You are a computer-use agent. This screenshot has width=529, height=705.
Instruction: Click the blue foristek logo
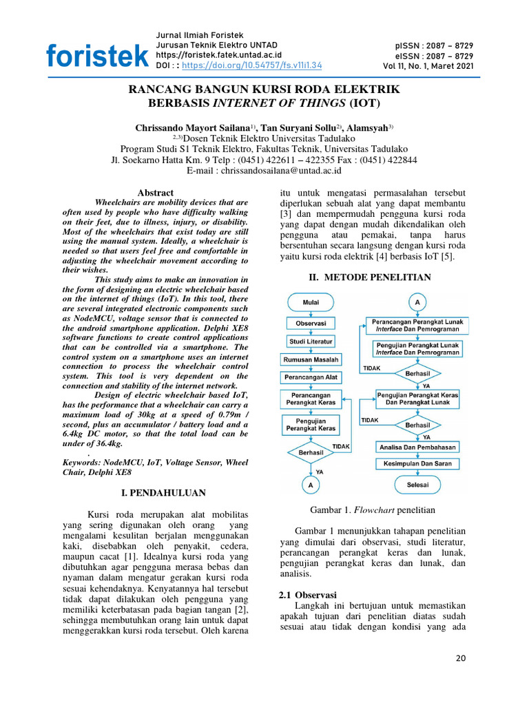(96, 56)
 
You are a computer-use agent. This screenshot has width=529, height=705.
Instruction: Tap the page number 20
(461, 659)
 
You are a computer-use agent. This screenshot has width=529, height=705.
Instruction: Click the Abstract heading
(156, 193)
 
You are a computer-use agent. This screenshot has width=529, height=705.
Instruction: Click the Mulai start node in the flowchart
(310, 302)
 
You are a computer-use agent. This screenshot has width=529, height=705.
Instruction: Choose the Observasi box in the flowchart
(310, 322)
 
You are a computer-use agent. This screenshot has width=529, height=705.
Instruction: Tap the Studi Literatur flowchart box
(310, 341)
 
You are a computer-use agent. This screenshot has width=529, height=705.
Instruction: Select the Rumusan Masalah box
(310, 359)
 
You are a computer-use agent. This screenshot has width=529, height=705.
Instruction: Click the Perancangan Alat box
(310, 378)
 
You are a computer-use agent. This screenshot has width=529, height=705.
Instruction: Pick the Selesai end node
(417, 485)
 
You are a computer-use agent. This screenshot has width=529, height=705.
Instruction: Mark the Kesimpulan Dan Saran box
(417, 464)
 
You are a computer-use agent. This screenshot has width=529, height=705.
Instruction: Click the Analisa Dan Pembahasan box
(417, 447)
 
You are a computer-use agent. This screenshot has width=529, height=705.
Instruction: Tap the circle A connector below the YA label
(310, 485)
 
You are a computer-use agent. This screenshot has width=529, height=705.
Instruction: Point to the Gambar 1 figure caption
(373, 509)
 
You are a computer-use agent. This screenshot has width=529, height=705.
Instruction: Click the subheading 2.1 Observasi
(307, 594)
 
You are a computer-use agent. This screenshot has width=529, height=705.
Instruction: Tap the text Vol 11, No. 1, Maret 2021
(428, 66)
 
